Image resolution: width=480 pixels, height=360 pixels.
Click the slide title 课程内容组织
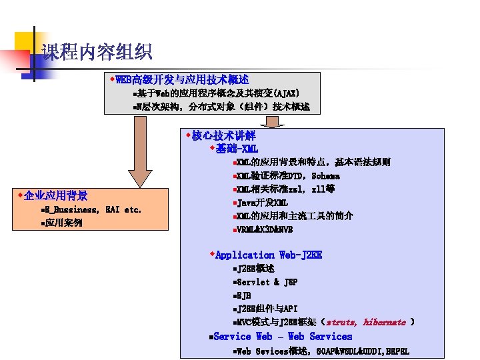[97, 52]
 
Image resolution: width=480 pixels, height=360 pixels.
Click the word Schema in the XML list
[325, 176]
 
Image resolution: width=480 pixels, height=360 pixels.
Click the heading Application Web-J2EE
[268, 255]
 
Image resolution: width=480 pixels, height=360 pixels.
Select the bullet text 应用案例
[64, 223]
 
